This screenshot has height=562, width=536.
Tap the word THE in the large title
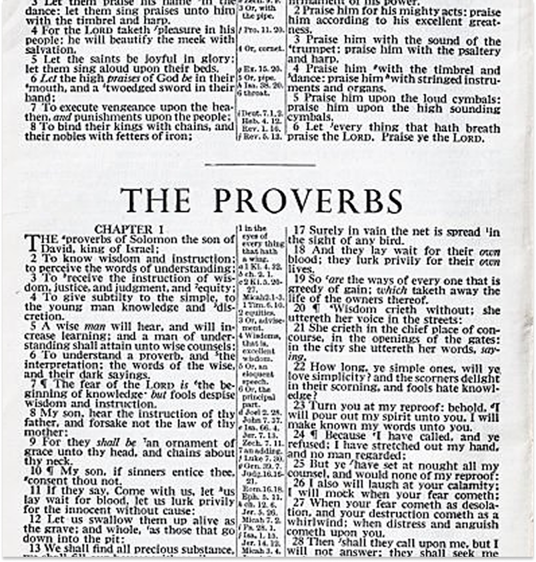pos(155,200)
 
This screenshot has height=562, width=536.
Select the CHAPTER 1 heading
pos(127,228)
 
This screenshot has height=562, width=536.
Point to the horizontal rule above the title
pos(260,164)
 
